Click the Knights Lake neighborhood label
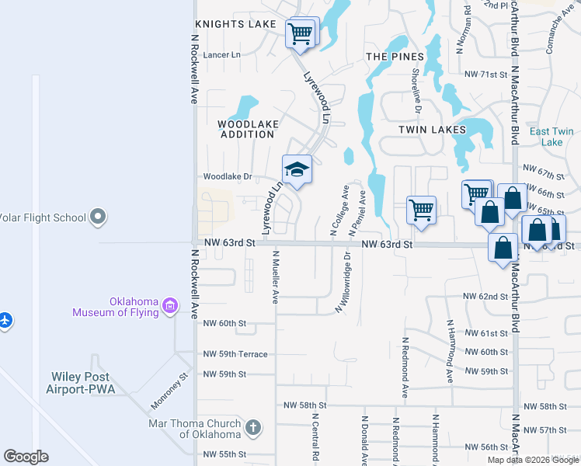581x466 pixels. click(x=235, y=25)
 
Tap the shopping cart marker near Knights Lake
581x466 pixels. click(x=300, y=33)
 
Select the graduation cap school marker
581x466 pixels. click(x=296, y=169)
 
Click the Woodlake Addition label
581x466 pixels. click(x=247, y=129)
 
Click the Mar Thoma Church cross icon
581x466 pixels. click(x=252, y=428)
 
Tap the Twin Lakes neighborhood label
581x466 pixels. click(x=432, y=130)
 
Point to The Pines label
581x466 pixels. click(x=395, y=57)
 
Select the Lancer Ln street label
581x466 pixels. click(x=222, y=55)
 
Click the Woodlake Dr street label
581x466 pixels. click(x=228, y=176)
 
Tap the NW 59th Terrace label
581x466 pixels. click(x=235, y=354)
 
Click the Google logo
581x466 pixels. click(x=26, y=457)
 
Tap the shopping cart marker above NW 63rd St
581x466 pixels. click(x=421, y=209)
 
